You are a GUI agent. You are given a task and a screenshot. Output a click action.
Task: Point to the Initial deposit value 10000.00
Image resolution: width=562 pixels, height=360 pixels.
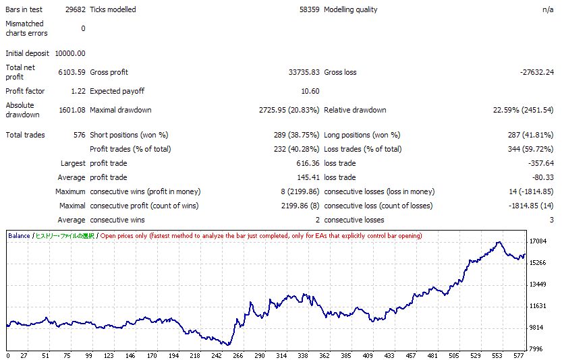[x=70, y=53]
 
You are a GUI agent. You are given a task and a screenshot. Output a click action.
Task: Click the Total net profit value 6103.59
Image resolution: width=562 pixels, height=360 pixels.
[x=72, y=72]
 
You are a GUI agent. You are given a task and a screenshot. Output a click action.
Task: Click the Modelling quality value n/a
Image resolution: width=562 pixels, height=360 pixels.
[x=548, y=9]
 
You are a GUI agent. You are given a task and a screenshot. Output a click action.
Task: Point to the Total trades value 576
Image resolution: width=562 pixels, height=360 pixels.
[x=79, y=135]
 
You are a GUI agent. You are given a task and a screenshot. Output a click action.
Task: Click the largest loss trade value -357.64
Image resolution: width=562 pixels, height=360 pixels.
[x=539, y=163]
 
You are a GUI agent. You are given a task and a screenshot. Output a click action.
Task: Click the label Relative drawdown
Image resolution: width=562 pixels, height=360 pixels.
[x=355, y=110]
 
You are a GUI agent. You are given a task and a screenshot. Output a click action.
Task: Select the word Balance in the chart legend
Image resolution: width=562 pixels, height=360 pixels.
[x=19, y=236]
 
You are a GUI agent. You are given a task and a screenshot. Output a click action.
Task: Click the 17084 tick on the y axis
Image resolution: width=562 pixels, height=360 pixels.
[x=538, y=241]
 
